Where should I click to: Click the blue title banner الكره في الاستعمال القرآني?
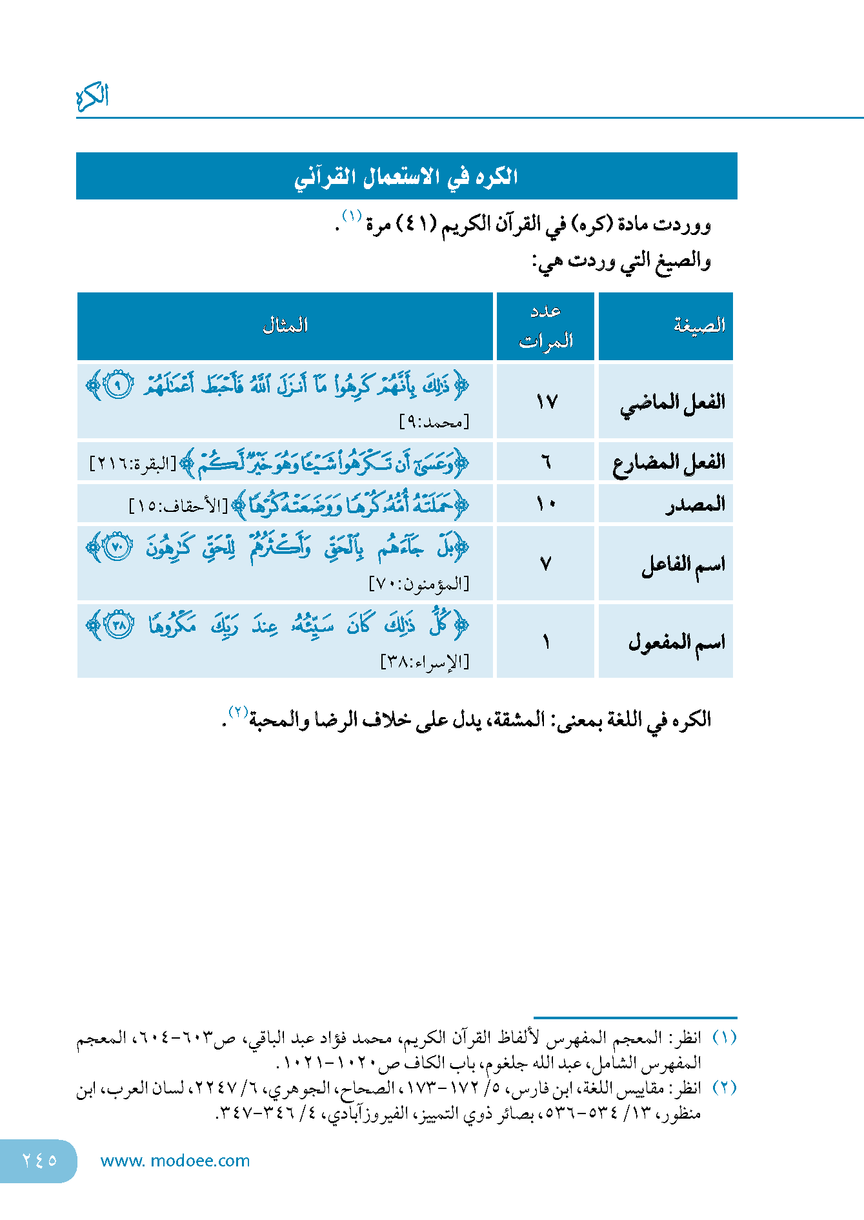[407, 176]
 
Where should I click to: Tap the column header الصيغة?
[699, 325]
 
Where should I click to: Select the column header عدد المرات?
[546, 326]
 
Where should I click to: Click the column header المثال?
[285, 325]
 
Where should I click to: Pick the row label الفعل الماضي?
[672, 403]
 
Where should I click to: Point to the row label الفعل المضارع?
[669, 463]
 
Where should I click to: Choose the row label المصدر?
[696, 504]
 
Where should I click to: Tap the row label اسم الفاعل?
[683, 565]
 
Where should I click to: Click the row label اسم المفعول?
[677, 642]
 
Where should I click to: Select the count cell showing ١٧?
[546, 402]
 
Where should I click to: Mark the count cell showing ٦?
[546, 462]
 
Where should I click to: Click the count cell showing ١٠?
[546, 503]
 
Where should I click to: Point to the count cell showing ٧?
[546, 565]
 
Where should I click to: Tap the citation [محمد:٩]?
[434, 422]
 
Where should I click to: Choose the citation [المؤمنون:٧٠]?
[419, 584]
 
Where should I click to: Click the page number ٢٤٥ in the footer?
[39, 1160]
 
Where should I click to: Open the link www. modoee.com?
[175, 1161]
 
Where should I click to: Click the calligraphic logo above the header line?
[92, 97]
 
